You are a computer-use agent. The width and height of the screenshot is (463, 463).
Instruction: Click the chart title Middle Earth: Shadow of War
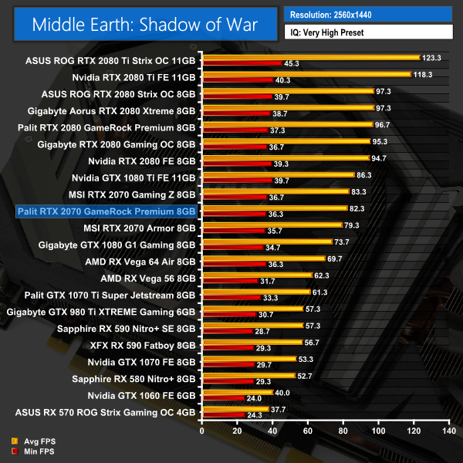[x=144, y=24]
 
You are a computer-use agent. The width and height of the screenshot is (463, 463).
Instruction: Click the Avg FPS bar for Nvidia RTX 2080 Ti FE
[x=306, y=74]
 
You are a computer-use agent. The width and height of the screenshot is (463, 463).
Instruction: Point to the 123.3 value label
[x=431, y=56]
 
